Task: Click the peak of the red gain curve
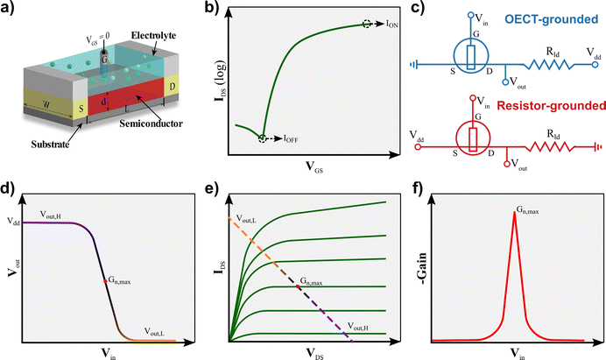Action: tap(514, 212)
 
